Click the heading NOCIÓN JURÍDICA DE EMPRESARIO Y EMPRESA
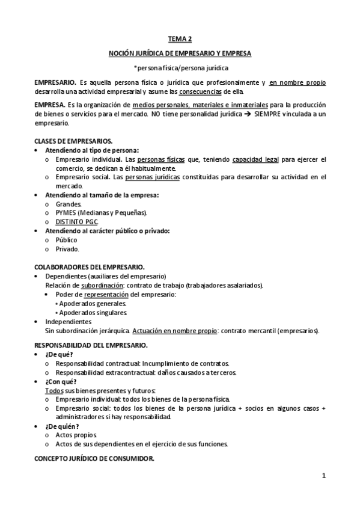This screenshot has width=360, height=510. click(180, 54)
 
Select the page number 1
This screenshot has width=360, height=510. click(323, 476)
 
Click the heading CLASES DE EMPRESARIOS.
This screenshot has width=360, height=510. click(73, 141)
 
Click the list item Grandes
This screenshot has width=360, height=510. click(69, 204)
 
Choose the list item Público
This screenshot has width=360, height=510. click(66, 240)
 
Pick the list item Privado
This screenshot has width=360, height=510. click(67, 249)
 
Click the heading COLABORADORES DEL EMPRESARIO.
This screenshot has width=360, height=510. click(89, 266)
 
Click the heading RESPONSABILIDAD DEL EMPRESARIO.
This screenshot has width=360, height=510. click(90, 345)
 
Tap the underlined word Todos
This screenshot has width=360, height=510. click(55, 390)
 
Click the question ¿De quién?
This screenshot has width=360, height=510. click(62, 426)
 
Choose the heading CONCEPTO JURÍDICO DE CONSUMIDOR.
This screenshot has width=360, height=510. click(94, 458)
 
